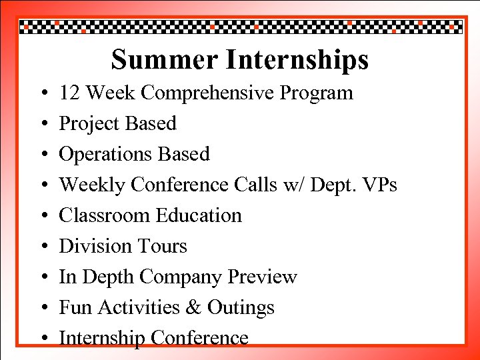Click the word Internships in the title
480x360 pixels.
(297, 59)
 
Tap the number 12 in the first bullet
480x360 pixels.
(70, 93)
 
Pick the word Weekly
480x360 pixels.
(92, 185)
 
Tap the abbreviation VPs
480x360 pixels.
(379, 185)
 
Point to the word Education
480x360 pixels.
(199, 215)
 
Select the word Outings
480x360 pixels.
(241, 308)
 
